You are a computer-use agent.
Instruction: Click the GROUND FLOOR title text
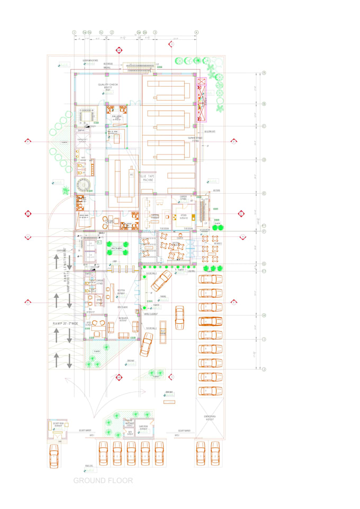tap(103, 480)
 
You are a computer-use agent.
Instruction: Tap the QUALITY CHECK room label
tap(107, 84)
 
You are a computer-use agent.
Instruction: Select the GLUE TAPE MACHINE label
tap(147, 177)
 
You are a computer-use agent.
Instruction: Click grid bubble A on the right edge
tap(264, 73)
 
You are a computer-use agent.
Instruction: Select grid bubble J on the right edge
tap(264, 369)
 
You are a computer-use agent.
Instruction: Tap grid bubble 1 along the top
tap(74, 32)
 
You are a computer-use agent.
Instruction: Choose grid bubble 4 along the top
tap(196, 32)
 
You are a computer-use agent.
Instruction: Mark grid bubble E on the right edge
tap(264, 194)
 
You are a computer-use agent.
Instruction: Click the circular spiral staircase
tap(84, 185)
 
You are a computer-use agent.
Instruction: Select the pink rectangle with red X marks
tap(201, 99)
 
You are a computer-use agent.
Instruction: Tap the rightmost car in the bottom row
tap(215, 453)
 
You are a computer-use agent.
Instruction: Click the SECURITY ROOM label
tap(58, 424)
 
